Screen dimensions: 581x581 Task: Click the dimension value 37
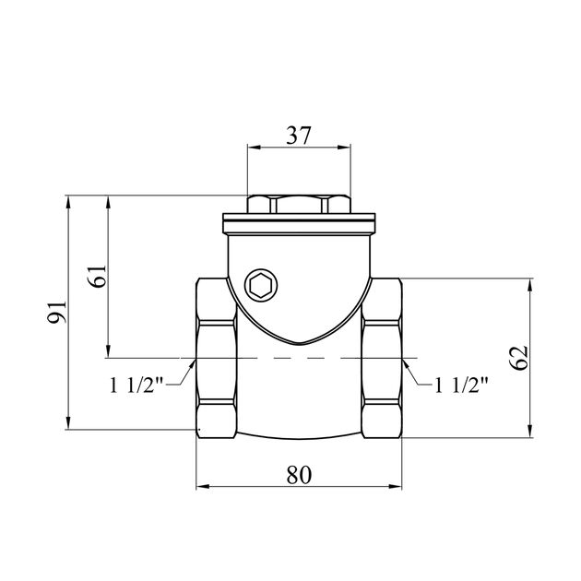pyautogui.click(x=298, y=136)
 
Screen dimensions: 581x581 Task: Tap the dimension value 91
pyautogui.click(x=57, y=312)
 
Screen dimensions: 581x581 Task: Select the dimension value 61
pyautogui.click(x=98, y=277)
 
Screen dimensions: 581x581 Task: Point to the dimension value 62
pyautogui.click(x=518, y=358)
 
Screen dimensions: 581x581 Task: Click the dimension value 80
pyautogui.click(x=299, y=475)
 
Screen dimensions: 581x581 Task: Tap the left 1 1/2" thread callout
pyautogui.click(x=136, y=385)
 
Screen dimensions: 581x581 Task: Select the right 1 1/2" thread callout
pyautogui.click(x=461, y=385)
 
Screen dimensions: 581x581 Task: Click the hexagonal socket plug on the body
pyautogui.click(x=261, y=285)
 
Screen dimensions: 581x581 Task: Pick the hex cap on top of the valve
pyautogui.click(x=299, y=204)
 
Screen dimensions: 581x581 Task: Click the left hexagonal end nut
pyautogui.click(x=216, y=358)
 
